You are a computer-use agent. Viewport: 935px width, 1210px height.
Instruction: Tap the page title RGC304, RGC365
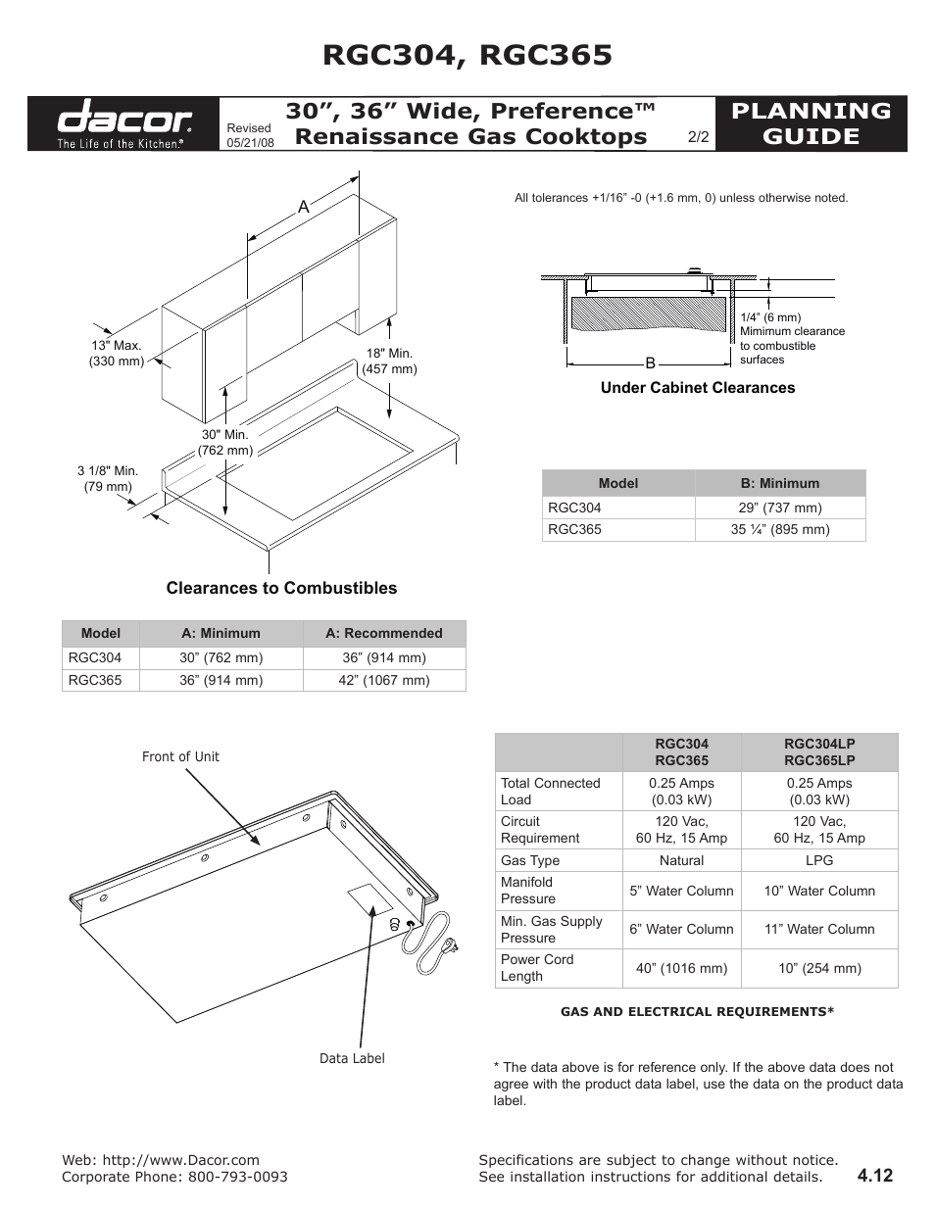pyautogui.click(x=467, y=55)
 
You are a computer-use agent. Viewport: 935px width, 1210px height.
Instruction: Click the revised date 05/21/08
pyautogui.click(x=250, y=142)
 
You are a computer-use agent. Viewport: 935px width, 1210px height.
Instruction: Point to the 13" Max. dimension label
pyautogui.click(x=117, y=353)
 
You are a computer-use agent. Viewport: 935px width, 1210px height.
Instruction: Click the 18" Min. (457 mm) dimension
pyautogui.click(x=389, y=361)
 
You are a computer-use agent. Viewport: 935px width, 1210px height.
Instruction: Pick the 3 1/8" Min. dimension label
pyautogui.click(x=107, y=478)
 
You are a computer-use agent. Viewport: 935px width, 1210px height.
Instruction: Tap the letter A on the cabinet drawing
pyautogui.click(x=304, y=207)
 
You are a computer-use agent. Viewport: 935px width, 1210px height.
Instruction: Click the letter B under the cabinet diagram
pyautogui.click(x=649, y=363)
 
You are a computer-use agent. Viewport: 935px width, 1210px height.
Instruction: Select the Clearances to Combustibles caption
pyautogui.click(x=281, y=588)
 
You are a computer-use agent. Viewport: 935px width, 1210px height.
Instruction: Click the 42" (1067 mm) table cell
pyautogui.click(x=384, y=680)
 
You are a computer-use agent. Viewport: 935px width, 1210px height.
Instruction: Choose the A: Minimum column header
pyautogui.click(x=221, y=633)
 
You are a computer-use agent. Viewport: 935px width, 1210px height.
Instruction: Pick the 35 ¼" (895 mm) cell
pyautogui.click(x=780, y=529)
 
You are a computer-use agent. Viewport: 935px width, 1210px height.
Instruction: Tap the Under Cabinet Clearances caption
pyautogui.click(x=698, y=388)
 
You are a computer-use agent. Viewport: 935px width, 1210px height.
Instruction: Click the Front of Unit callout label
pyautogui.click(x=180, y=756)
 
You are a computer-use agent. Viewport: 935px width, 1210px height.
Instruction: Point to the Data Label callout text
pyautogui.click(x=352, y=1058)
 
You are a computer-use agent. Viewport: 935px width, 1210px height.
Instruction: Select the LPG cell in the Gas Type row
pyautogui.click(x=819, y=860)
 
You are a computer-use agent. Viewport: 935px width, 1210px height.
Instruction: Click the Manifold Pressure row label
pyautogui.click(x=528, y=891)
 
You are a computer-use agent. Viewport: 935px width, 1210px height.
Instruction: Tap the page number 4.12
pyautogui.click(x=874, y=1176)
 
